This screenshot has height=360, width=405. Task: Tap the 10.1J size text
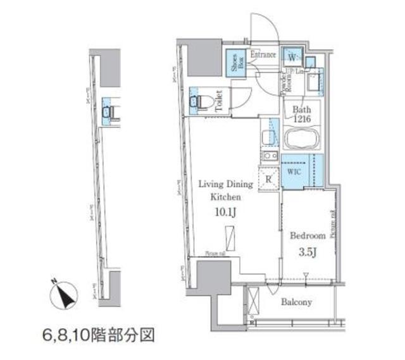[x=225, y=212]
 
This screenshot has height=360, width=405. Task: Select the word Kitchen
[x=225, y=197]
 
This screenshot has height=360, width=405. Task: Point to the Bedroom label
[x=308, y=235]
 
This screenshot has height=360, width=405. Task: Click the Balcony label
[x=297, y=302]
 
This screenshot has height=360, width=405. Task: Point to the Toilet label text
[x=218, y=101]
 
